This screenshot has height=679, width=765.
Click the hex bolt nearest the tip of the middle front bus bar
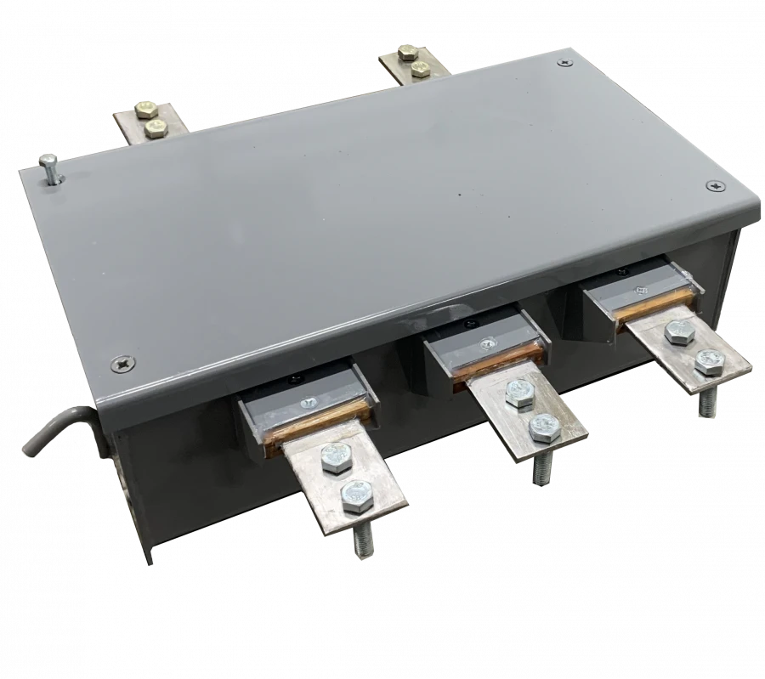(540, 427)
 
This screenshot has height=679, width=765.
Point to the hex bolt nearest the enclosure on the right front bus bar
(679, 333)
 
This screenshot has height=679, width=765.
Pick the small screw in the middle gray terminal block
(485, 343)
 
